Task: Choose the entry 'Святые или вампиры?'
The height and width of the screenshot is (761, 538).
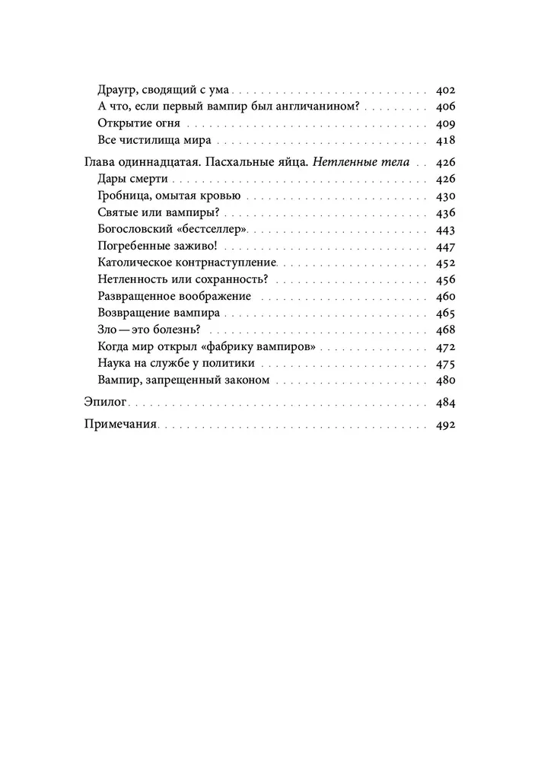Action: click(x=154, y=212)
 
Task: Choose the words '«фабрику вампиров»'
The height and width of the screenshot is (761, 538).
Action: click(x=262, y=346)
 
